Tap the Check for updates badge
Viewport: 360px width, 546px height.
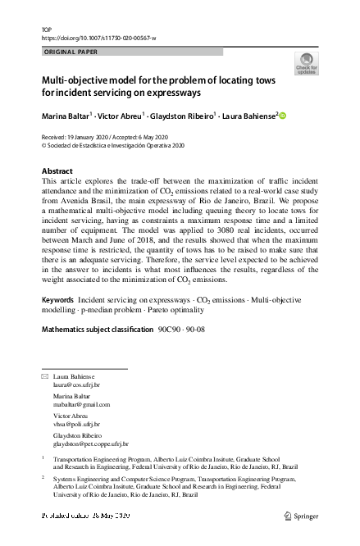tap(306, 63)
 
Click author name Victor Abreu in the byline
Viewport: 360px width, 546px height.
tap(119, 116)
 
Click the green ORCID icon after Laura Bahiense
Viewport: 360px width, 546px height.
tap(284, 116)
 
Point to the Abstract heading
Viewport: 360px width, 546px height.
tap(57, 171)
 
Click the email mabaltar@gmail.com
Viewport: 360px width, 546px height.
tap(81, 404)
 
